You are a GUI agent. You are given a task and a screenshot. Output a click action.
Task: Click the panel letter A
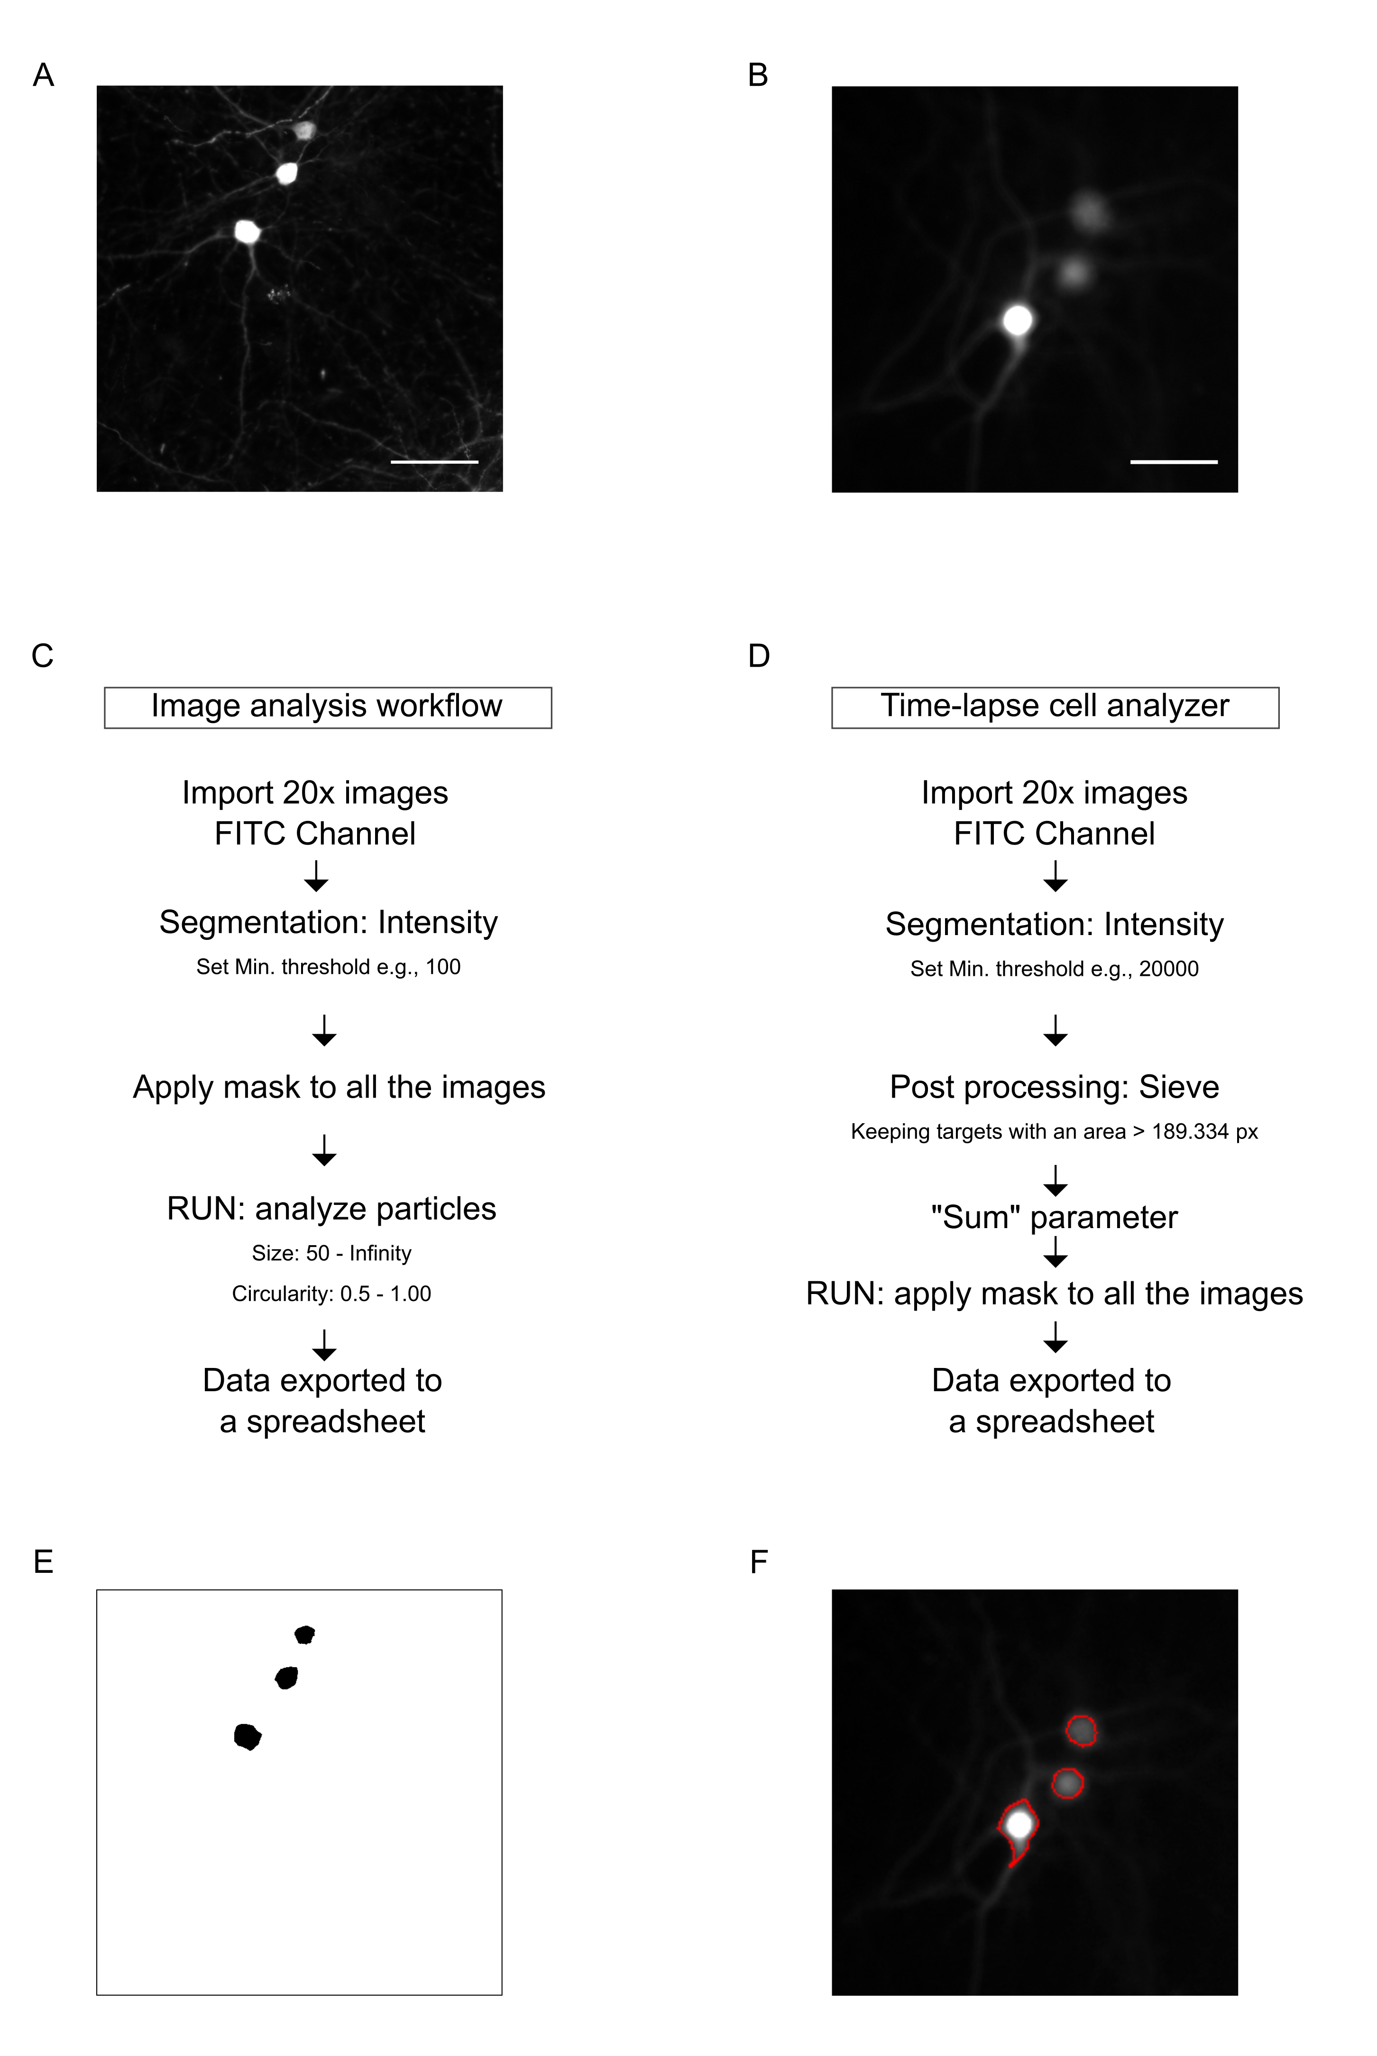click(x=43, y=75)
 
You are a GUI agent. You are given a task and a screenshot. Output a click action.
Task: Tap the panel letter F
click(x=759, y=1562)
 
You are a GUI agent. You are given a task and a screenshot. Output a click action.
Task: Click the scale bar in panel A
click(x=434, y=461)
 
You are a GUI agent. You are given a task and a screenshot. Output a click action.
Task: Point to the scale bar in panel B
click(x=1173, y=461)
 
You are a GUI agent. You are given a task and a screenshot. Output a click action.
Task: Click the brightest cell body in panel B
click(x=1018, y=321)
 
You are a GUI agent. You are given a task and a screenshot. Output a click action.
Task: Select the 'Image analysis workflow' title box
click(x=328, y=707)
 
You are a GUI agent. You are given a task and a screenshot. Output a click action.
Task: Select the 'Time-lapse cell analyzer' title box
click(x=1055, y=707)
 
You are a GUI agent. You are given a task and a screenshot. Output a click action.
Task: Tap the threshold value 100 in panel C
click(x=442, y=967)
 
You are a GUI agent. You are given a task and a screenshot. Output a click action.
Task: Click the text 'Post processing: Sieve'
click(x=1054, y=1087)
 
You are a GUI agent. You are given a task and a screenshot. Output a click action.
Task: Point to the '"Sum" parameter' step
click(x=1054, y=1217)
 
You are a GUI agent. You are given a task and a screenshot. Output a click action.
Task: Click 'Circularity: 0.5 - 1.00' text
click(x=331, y=1294)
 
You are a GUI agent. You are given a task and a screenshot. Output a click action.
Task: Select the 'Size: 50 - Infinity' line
click(x=331, y=1253)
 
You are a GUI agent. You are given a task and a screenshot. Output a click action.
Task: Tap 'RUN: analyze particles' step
click(x=331, y=1209)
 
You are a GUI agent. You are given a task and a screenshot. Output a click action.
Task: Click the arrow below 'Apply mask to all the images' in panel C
click(x=324, y=1150)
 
